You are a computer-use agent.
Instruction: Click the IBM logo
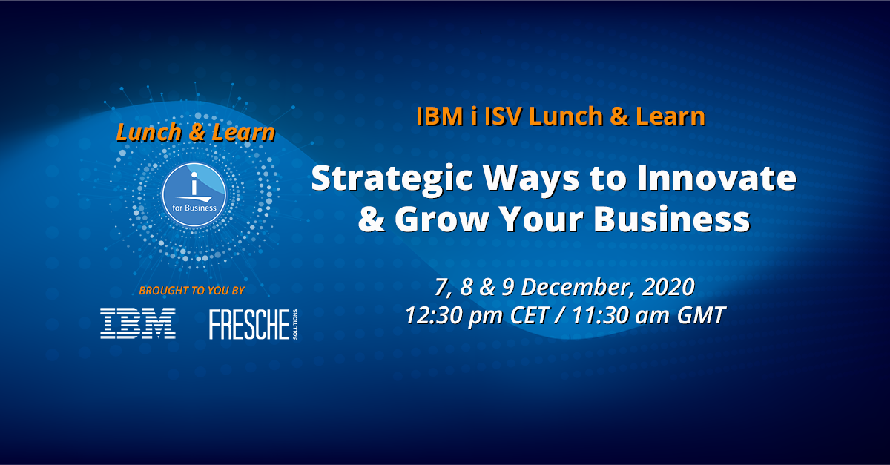pyautogui.click(x=138, y=323)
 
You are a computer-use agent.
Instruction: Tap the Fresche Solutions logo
pyautogui.click(x=252, y=324)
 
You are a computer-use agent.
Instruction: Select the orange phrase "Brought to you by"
pyautogui.click(x=191, y=290)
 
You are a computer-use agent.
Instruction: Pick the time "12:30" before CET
pyautogui.click(x=437, y=314)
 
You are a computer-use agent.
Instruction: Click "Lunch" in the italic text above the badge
pyautogui.click(x=148, y=133)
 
